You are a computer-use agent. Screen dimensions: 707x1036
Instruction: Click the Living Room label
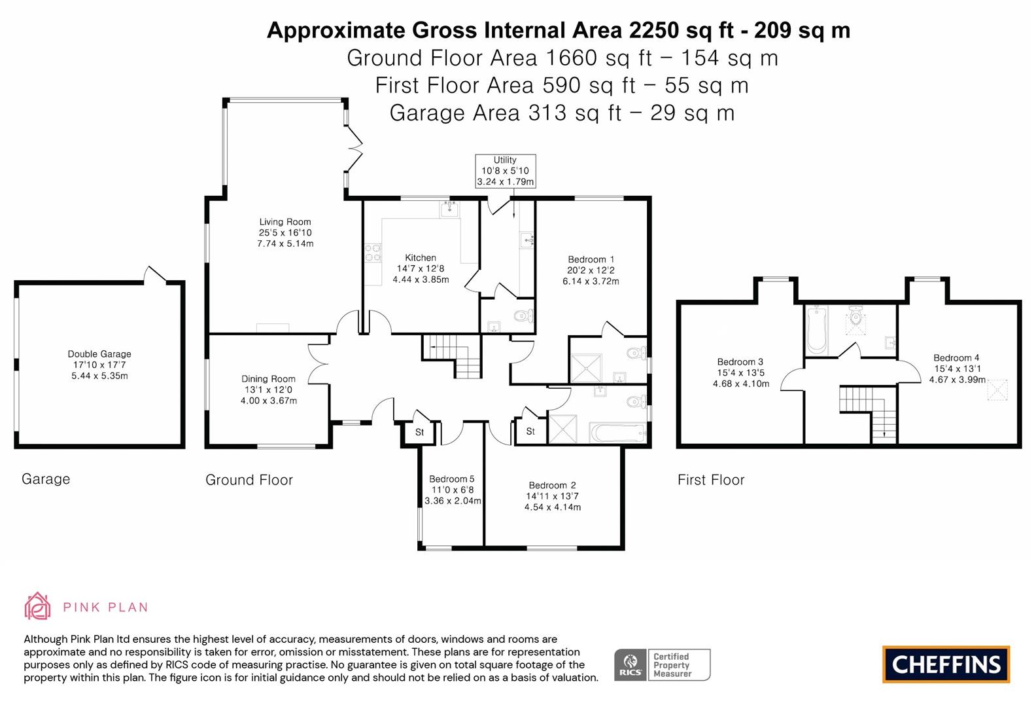tap(285, 222)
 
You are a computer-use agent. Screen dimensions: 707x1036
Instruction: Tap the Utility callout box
tap(505, 171)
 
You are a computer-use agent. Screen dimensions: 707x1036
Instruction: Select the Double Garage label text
tap(99, 354)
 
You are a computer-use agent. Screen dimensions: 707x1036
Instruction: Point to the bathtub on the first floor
tap(817, 329)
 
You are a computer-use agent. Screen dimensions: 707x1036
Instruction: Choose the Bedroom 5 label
tap(452, 479)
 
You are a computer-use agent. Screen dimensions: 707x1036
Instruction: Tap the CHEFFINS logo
tap(946, 664)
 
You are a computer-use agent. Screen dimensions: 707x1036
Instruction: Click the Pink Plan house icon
tap(37, 606)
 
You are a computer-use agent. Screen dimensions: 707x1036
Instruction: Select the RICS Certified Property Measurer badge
tap(662, 665)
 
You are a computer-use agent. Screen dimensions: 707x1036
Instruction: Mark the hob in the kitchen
tap(373, 253)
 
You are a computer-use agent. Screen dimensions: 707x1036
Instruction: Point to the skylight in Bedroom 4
tap(997, 390)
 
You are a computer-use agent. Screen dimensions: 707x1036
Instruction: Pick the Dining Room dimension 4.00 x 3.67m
tap(269, 401)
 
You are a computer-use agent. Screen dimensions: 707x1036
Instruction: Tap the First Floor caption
tap(711, 480)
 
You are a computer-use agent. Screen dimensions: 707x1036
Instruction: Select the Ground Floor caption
tap(249, 480)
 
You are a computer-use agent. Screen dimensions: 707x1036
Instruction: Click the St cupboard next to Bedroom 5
tap(420, 433)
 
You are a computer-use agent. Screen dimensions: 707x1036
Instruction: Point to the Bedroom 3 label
tap(740, 362)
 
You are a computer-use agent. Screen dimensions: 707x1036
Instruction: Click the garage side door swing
tap(156, 274)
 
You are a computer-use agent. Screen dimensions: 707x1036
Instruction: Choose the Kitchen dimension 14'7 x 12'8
tap(421, 268)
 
